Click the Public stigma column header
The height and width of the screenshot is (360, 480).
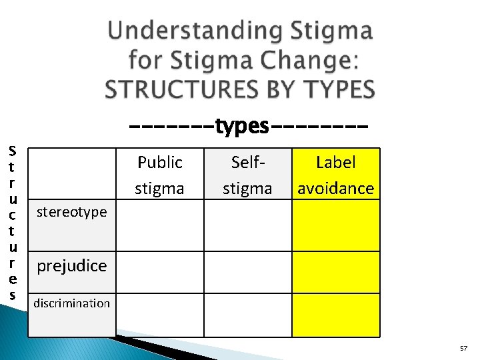[159, 175]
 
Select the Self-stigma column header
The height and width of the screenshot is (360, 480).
[247, 175]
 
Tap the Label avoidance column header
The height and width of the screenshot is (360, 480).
[335, 175]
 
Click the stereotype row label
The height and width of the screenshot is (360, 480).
[72, 212]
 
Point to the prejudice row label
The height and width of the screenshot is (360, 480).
[72, 265]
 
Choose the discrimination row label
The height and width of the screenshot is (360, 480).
[72, 303]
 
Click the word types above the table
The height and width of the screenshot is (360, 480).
[242, 125]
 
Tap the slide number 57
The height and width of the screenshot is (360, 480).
[463, 349]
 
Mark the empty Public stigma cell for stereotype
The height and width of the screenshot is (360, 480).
[159, 225]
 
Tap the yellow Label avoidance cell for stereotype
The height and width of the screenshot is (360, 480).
[335, 225]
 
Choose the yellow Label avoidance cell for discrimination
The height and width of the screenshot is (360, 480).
[335, 313]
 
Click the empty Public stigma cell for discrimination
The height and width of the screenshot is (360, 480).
[159, 313]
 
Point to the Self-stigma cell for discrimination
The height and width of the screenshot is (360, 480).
[247, 313]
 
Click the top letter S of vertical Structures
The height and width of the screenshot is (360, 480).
[12, 151]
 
